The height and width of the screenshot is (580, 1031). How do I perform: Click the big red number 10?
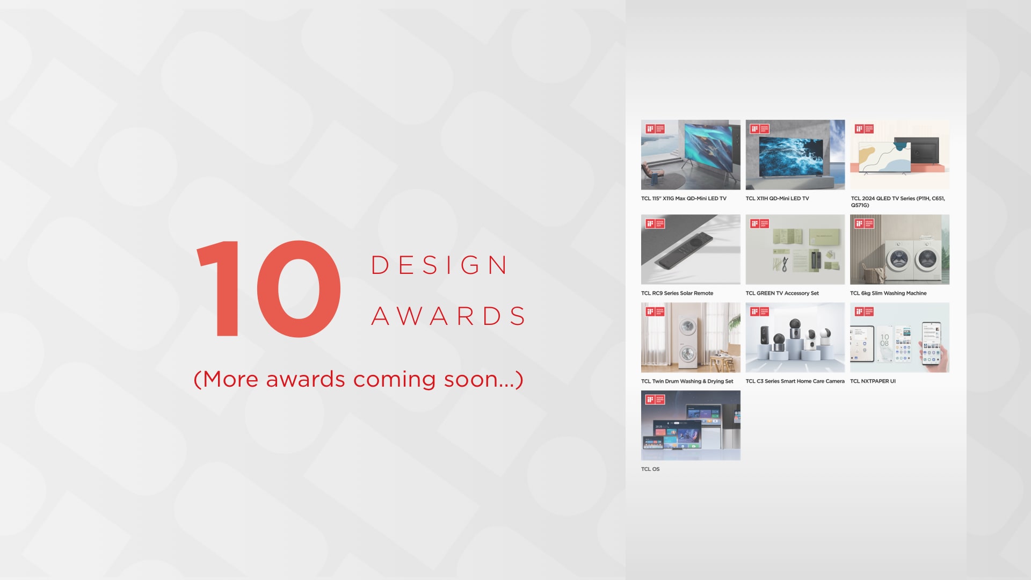coord(268,289)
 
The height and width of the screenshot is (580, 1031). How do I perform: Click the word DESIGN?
coord(439,265)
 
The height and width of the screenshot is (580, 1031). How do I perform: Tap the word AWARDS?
coord(448,316)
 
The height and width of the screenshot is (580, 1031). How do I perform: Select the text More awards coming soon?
coord(358,379)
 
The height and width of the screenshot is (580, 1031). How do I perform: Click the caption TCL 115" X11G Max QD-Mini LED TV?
coord(683,199)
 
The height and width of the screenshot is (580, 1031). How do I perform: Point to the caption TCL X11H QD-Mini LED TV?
coord(776,199)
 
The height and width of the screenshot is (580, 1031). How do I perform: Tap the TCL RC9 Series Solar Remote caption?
coord(677,293)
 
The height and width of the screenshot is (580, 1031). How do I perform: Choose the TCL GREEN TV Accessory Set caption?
coord(782,293)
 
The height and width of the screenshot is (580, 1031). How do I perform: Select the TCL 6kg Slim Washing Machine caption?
coord(888,293)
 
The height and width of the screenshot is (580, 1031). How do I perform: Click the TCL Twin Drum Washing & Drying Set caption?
coord(686,381)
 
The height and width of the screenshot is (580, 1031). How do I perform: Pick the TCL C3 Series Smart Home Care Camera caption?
coord(795,381)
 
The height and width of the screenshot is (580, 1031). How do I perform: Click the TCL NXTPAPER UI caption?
coord(873,381)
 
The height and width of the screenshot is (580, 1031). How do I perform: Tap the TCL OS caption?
coord(650,469)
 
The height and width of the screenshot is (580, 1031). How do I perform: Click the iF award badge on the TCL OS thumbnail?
coord(655,400)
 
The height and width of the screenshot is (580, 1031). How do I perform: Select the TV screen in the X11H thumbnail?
coord(790,156)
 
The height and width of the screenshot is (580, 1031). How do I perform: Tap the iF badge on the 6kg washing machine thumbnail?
coord(864,223)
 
